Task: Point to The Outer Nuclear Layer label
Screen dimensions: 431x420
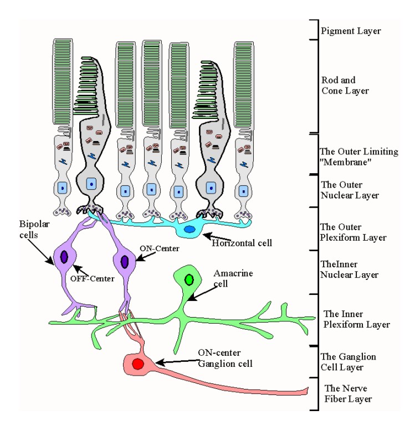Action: pyautogui.click(x=350, y=190)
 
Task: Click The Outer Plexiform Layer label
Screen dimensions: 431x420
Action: pyautogui.click(x=353, y=232)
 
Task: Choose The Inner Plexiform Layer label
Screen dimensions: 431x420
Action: pyautogui.click(x=356, y=319)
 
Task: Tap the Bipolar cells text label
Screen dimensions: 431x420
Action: pyautogui.click(x=30, y=229)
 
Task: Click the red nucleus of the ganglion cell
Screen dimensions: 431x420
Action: pyautogui.click(x=137, y=365)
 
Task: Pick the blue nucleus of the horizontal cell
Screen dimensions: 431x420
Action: pyautogui.click(x=190, y=229)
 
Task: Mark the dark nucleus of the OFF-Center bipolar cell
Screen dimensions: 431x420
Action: pyautogui.click(x=64, y=257)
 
